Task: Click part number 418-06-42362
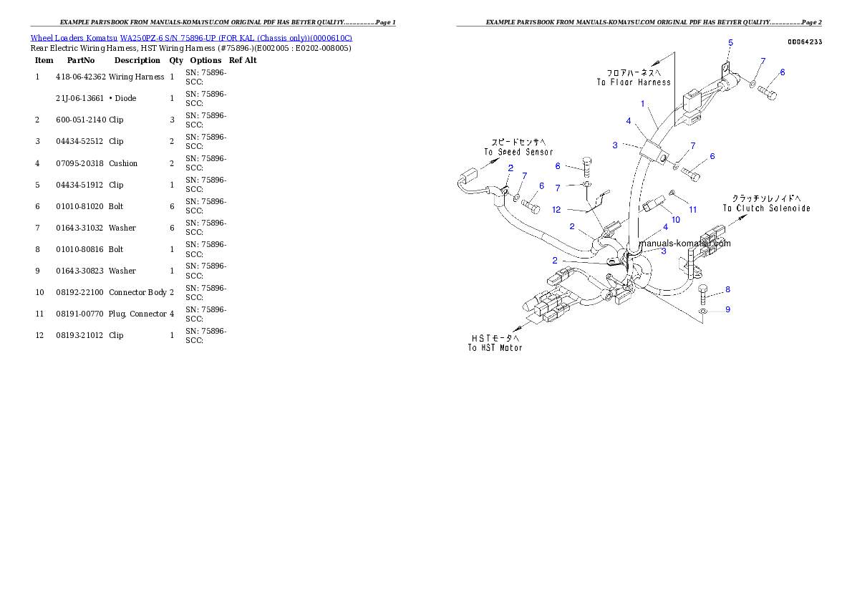[80, 77]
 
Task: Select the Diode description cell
[122, 98]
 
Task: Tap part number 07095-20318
[79, 164]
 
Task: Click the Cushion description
[123, 164]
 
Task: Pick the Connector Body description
[137, 292]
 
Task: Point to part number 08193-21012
[79, 335]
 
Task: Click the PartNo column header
[80, 60]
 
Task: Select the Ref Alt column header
[242, 60]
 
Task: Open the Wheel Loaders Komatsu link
[74, 38]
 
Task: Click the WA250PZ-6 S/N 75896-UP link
[236, 38]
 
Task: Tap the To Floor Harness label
[634, 78]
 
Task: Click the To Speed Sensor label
[518, 148]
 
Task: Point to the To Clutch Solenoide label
[766, 203]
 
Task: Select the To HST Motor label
[495, 343]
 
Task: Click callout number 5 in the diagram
[731, 43]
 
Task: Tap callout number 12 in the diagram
[556, 210]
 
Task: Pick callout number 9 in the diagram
[728, 309]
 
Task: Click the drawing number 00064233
[805, 42]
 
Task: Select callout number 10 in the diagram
[676, 220]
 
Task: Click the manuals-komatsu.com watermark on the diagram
[684, 243]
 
